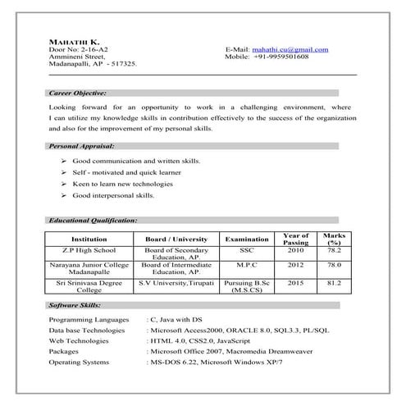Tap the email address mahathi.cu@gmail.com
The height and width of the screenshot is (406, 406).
pyautogui.click(x=292, y=50)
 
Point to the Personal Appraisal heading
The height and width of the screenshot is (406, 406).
pyautogui.click(x=80, y=145)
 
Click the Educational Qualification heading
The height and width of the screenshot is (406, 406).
pyautogui.click(x=93, y=221)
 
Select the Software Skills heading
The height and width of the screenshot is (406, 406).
pyautogui.click(x=74, y=304)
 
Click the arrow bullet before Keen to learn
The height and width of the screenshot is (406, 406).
pyautogui.click(x=64, y=185)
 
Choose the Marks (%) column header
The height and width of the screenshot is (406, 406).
pyautogui.click(x=335, y=239)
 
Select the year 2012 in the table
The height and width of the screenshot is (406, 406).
pyautogui.click(x=295, y=266)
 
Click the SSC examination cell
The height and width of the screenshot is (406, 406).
pyautogui.click(x=247, y=249)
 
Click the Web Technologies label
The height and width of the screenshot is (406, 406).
pyautogui.click(x=79, y=338)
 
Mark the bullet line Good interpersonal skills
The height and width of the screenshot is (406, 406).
pyautogui.click(x=113, y=197)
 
